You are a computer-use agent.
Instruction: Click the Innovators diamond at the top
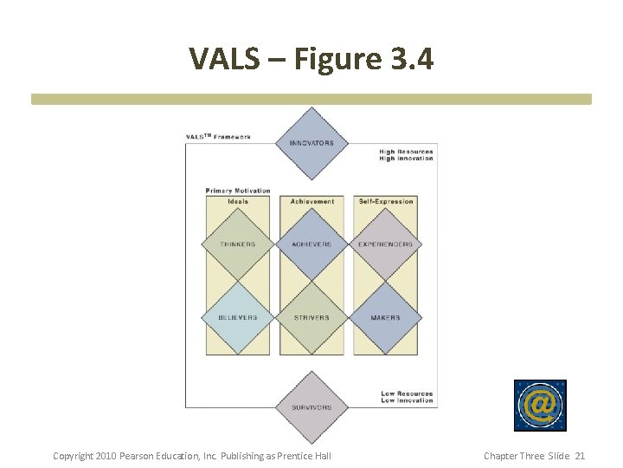(311, 143)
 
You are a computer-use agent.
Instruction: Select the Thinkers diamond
(237, 244)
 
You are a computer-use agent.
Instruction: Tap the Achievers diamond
(311, 244)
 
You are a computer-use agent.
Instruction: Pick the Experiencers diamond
(386, 244)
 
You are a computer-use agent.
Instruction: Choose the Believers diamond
(237, 317)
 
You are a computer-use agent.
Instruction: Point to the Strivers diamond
(311, 317)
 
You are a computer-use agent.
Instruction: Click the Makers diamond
(386, 317)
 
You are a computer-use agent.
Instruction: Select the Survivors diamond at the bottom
(311, 406)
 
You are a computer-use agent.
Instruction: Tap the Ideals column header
(238, 201)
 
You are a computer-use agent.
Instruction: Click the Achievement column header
(312, 201)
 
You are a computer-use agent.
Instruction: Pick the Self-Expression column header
(386, 201)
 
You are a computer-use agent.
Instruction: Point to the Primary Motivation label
(238, 191)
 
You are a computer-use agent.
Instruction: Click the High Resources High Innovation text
(406, 155)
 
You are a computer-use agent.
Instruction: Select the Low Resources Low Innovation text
(407, 397)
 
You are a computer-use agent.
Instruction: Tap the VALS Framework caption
(219, 137)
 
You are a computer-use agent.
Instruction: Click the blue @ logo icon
(540, 405)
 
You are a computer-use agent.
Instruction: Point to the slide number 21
(580, 456)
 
